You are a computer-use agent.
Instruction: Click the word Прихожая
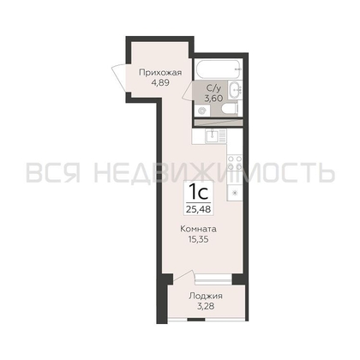[x=160, y=73]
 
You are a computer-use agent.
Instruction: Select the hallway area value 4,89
[x=161, y=83]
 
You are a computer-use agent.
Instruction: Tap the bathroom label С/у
[x=213, y=87]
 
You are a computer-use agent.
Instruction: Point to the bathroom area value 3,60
[x=213, y=99]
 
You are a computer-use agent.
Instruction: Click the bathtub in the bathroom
[x=219, y=69]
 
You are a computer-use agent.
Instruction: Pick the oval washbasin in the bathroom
[x=236, y=90]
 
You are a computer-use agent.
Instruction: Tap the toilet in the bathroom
[x=230, y=109]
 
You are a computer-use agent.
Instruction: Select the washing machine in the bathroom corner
[x=202, y=111]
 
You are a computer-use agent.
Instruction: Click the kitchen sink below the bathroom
[x=216, y=135]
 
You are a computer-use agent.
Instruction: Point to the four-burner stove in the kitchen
[x=235, y=163]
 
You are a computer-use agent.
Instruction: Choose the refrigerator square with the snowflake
[x=235, y=193]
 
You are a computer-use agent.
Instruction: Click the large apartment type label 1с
[x=199, y=192]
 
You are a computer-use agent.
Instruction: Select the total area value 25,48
[x=199, y=209]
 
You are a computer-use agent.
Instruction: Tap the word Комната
[x=198, y=229]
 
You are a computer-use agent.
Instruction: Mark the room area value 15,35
[x=198, y=239]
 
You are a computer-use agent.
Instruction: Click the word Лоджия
[x=206, y=296]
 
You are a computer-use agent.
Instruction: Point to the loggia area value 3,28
[x=206, y=307]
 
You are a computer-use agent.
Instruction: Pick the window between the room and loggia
[x=213, y=279]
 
